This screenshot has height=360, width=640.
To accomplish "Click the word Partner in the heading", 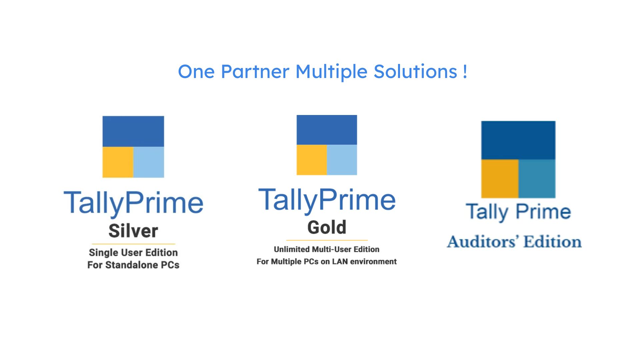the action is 255,71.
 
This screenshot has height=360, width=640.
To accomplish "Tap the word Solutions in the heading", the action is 415,71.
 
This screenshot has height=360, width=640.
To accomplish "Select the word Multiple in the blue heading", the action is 331,72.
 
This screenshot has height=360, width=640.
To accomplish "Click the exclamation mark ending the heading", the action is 465,72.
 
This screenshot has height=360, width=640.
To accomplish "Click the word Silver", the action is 133,231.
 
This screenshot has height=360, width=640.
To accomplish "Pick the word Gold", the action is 327,227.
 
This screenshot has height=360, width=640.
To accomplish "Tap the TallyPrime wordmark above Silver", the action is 133,203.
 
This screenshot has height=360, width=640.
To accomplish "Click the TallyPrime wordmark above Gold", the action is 327,200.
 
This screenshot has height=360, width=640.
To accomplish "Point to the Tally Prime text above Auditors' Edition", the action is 518,212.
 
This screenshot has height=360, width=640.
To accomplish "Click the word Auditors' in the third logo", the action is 483,242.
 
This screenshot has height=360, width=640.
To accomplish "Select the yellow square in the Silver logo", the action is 118,162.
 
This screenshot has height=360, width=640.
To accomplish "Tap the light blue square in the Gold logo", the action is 342,160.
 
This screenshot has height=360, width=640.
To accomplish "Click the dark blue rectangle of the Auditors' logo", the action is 518,140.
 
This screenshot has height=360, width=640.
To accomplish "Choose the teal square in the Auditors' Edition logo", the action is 537,179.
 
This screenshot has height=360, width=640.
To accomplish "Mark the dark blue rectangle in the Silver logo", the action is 133,131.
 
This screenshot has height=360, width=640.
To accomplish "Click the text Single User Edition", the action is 133,253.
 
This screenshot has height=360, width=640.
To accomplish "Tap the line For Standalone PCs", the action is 133,265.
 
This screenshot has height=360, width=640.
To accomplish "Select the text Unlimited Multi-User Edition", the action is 327,249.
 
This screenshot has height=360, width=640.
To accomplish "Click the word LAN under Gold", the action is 340,262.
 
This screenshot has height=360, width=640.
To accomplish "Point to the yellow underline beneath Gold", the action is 327,240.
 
